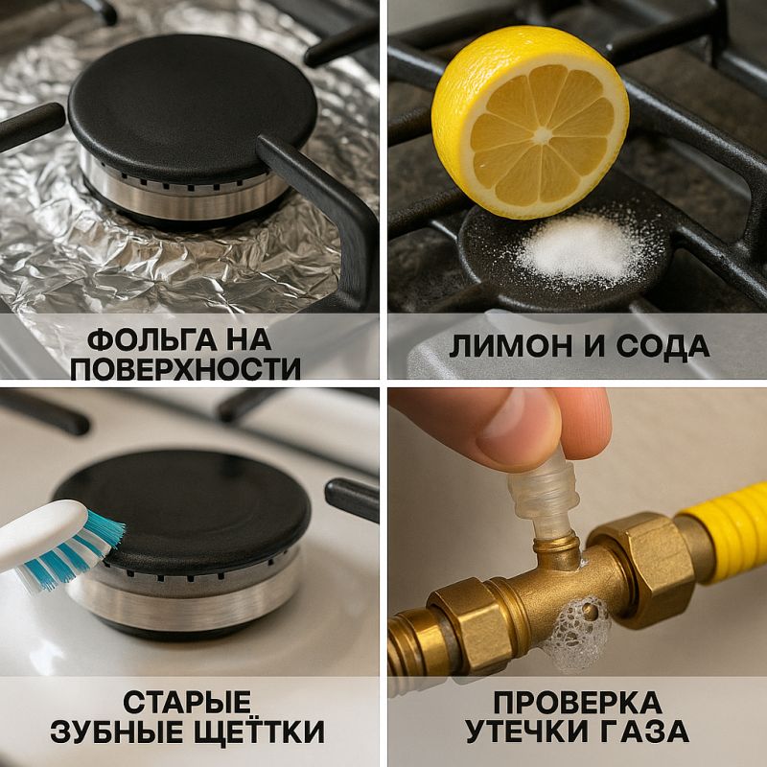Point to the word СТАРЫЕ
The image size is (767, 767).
(190, 700)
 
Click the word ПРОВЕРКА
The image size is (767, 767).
(577, 700)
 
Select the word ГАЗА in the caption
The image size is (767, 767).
(643, 732)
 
